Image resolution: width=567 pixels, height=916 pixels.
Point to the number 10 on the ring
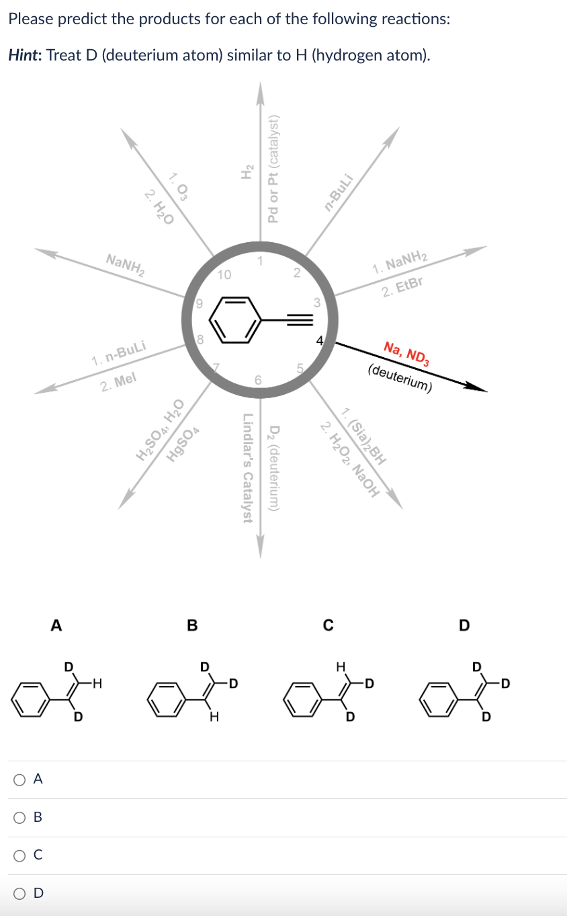(224, 274)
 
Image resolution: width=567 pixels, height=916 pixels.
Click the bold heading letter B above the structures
(192, 625)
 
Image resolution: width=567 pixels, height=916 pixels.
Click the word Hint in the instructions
(24, 55)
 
